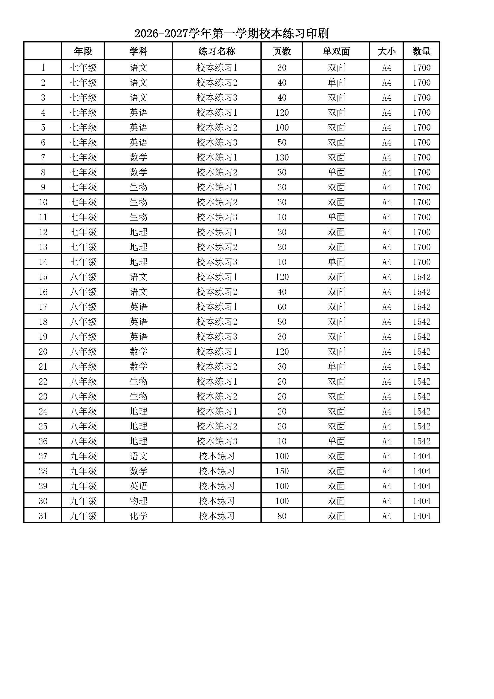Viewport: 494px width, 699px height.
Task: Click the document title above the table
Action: [x=231, y=33]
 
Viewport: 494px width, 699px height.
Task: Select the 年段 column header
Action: [x=83, y=51]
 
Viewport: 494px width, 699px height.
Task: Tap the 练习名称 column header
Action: [x=217, y=51]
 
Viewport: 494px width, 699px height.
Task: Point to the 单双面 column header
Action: [x=336, y=51]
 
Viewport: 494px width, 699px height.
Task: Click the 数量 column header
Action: [x=421, y=51]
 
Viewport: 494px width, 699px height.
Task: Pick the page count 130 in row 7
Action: [x=282, y=157]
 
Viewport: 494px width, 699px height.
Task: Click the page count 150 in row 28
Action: [x=282, y=471]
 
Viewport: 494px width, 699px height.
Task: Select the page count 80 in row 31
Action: [x=282, y=516]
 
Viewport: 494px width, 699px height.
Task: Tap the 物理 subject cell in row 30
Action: [x=138, y=501]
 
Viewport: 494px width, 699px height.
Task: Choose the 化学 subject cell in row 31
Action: [x=138, y=516]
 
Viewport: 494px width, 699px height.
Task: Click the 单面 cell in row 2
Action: [x=336, y=82]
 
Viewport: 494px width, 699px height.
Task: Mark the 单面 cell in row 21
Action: [x=336, y=367]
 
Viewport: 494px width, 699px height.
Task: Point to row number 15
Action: [x=43, y=277]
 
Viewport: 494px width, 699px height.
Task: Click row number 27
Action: [x=43, y=456]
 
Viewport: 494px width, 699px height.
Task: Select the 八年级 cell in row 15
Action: [x=83, y=277]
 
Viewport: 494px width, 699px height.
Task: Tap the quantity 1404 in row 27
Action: [x=421, y=456]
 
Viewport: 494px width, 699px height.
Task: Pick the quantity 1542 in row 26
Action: [x=421, y=441]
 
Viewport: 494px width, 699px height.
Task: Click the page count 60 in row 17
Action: [x=282, y=307]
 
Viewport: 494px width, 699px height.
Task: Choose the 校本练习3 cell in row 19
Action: [x=217, y=337]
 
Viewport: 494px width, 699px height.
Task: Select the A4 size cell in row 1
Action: [x=386, y=68]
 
